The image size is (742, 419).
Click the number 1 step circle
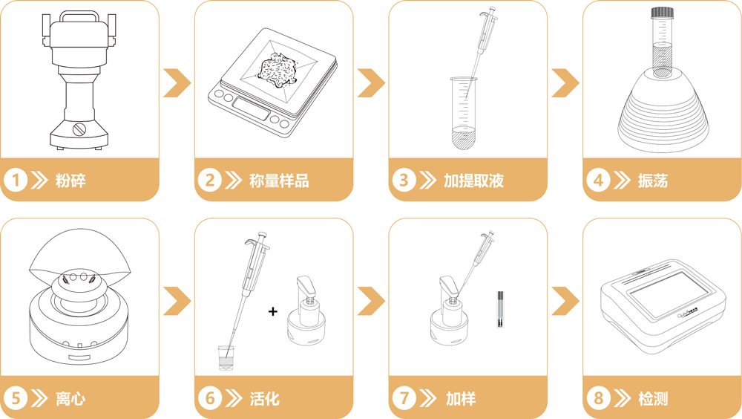point(17,180)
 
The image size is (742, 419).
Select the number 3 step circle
point(404,180)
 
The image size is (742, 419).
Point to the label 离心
point(70,398)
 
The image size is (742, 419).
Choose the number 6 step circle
point(211,398)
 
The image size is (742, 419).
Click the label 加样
point(460,398)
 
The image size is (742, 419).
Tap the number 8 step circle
point(599,398)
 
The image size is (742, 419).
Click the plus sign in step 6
point(273,312)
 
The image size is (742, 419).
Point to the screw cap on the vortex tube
point(662,13)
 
